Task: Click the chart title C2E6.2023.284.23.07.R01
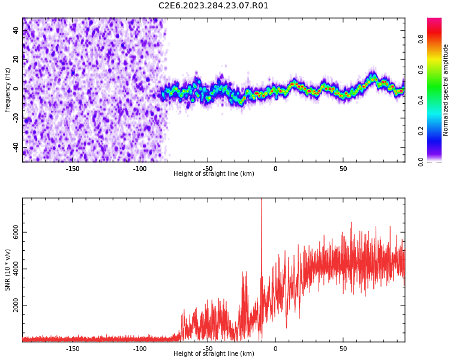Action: pos(213,6)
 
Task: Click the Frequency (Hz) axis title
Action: pos(8,90)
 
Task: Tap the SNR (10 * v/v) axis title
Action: pos(8,270)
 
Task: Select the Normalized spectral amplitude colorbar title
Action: pos(446,90)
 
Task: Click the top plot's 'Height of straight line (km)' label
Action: pos(214,174)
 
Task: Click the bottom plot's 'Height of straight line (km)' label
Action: pos(214,354)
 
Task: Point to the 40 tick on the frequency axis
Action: pos(16,30)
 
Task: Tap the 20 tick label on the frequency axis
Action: pos(16,59)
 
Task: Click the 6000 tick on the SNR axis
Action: pos(16,232)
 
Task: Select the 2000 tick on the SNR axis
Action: pos(16,305)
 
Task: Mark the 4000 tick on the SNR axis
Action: pos(16,269)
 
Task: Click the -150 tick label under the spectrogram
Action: pos(72,169)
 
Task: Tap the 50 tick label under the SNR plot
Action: pos(343,349)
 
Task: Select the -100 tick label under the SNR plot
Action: pos(140,349)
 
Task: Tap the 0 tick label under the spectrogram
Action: pos(275,169)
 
